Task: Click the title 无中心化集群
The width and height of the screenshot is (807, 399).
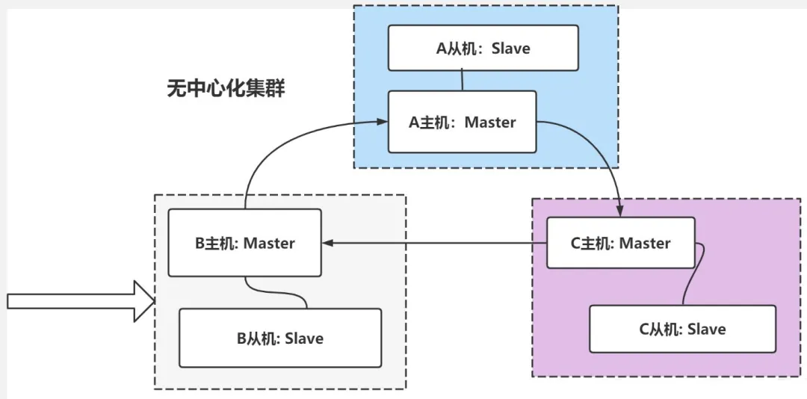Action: (x=226, y=89)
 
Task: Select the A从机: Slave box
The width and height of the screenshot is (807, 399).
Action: (x=483, y=48)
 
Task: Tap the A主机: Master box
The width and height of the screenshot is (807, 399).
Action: (x=463, y=122)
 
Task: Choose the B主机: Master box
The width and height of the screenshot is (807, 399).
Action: (x=245, y=243)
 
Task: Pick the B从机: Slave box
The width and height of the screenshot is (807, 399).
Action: (x=280, y=338)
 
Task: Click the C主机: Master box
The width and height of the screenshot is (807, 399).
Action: (x=621, y=243)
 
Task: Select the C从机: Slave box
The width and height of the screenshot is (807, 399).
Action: (x=682, y=329)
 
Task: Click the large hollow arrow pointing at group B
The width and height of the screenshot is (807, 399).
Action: (x=81, y=301)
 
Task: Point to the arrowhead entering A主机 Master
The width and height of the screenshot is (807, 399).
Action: (x=382, y=122)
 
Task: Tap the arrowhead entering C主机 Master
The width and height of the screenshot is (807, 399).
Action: (x=620, y=211)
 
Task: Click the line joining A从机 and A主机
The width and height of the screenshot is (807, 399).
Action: (x=463, y=81)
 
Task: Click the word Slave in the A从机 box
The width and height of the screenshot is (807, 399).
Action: (x=510, y=49)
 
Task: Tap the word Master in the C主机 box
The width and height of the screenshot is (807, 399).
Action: (x=645, y=243)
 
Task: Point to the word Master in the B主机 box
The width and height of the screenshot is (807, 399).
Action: (x=269, y=243)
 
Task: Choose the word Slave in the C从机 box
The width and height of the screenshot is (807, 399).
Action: (x=707, y=329)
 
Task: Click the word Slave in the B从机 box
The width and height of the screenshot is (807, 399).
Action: (x=304, y=338)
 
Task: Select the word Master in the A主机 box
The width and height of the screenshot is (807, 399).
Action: (x=490, y=123)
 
